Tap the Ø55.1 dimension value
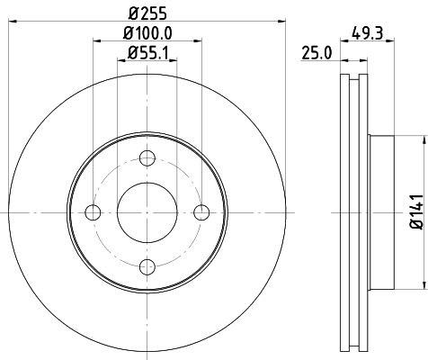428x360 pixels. pyautogui.click(x=147, y=56)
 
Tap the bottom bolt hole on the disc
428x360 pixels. pyautogui.click(x=147, y=266)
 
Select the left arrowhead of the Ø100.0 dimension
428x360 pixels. pyautogui.click(x=96, y=45)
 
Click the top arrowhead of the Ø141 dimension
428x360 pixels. pyautogui.click(x=423, y=140)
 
